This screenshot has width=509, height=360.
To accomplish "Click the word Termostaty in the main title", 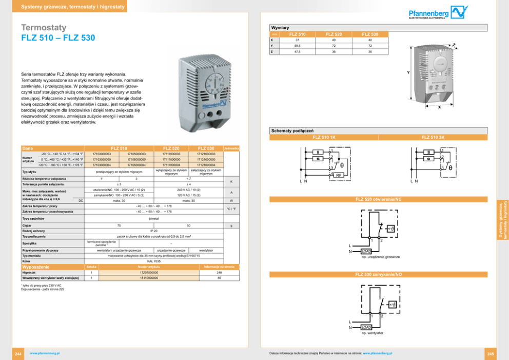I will pyautogui.click(x=44, y=28).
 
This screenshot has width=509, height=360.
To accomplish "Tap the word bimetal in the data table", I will pyautogui.click(x=154, y=219).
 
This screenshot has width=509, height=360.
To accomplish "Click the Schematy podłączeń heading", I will pyautogui.click(x=288, y=131).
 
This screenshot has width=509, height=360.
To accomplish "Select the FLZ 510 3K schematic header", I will pyautogui.click(x=433, y=137).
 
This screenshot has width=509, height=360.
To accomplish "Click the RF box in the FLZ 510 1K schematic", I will pyautogui.click(x=339, y=176).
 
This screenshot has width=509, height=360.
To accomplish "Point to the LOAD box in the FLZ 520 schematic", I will pyautogui.click(x=366, y=251).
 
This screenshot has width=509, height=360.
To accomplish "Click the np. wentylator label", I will pyautogui.click(x=373, y=333).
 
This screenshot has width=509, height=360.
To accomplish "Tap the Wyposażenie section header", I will pyautogui.click(x=35, y=267).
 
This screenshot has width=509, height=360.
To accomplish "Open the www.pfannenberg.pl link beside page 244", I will pyautogui.click(x=46, y=353).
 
